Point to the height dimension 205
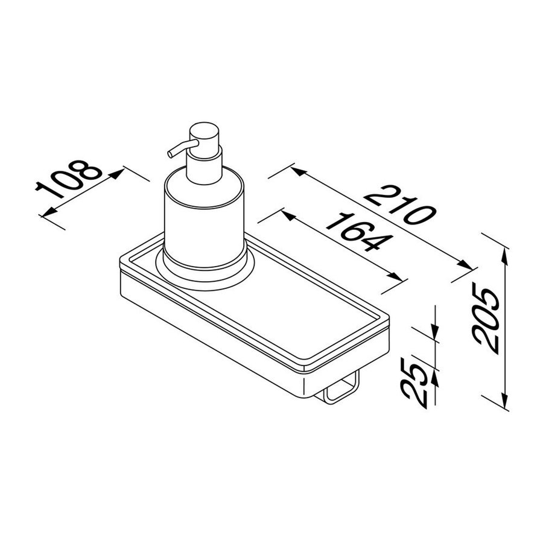(x=486, y=319)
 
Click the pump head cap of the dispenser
(x=202, y=136)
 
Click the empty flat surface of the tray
(x=302, y=314)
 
